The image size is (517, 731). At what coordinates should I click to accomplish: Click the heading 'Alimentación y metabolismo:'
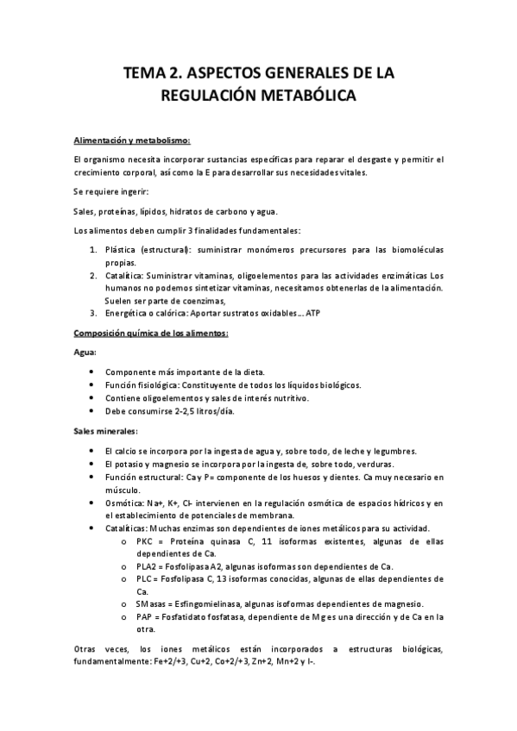click(x=132, y=140)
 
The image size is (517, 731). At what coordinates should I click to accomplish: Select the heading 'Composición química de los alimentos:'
click(x=150, y=333)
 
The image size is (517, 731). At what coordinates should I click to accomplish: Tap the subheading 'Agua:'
click(x=85, y=353)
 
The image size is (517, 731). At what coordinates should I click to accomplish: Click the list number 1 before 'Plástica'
click(x=94, y=249)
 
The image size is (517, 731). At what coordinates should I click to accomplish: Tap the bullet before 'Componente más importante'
click(x=92, y=372)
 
